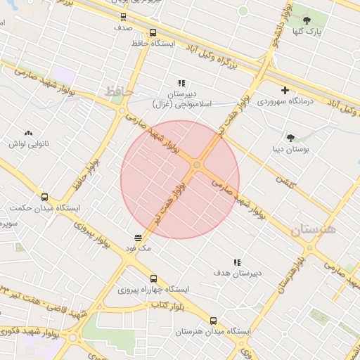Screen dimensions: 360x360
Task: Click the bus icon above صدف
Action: (x=124, y=18)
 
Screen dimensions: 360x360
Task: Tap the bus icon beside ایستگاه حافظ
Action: (x=153, y=32)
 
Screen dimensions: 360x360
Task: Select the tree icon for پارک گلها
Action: (x=307, y=20)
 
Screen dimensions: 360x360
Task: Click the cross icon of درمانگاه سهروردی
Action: (x=285, y=90)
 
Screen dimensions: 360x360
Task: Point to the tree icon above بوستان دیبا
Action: (x=290, y=138)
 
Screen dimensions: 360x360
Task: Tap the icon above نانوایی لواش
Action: (x=28, y=133)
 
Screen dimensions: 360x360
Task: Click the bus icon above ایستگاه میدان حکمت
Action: (x=45, y=198)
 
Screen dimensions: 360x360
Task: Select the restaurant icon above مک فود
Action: (x=138, y=238)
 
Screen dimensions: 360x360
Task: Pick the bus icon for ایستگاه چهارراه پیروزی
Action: (x=154, y=278)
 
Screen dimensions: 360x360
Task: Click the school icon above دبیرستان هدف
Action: (x=237, y=262)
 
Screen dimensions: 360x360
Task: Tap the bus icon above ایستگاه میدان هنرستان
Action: (x=214, y=321)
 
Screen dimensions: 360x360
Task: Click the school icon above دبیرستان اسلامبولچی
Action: (x=181, y=83)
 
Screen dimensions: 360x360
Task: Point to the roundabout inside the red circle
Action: (x=197, y=165)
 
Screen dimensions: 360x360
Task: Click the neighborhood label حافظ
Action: (x=119, y=91)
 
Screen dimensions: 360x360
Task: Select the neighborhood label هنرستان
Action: (x=314, y=230)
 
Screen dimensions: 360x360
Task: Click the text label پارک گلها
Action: (x=307, y=32)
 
